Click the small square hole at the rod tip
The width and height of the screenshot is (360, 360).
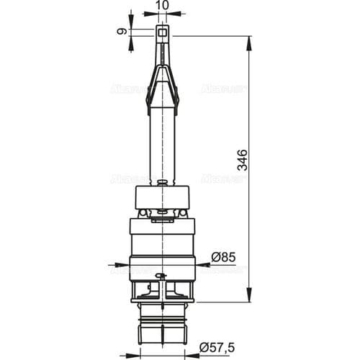(165, 32)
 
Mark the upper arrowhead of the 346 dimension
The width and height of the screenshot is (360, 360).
(250, 40)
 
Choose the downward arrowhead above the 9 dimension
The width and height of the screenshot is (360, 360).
(131, 22)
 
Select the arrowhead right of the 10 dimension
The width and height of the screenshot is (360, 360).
(177, 13)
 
